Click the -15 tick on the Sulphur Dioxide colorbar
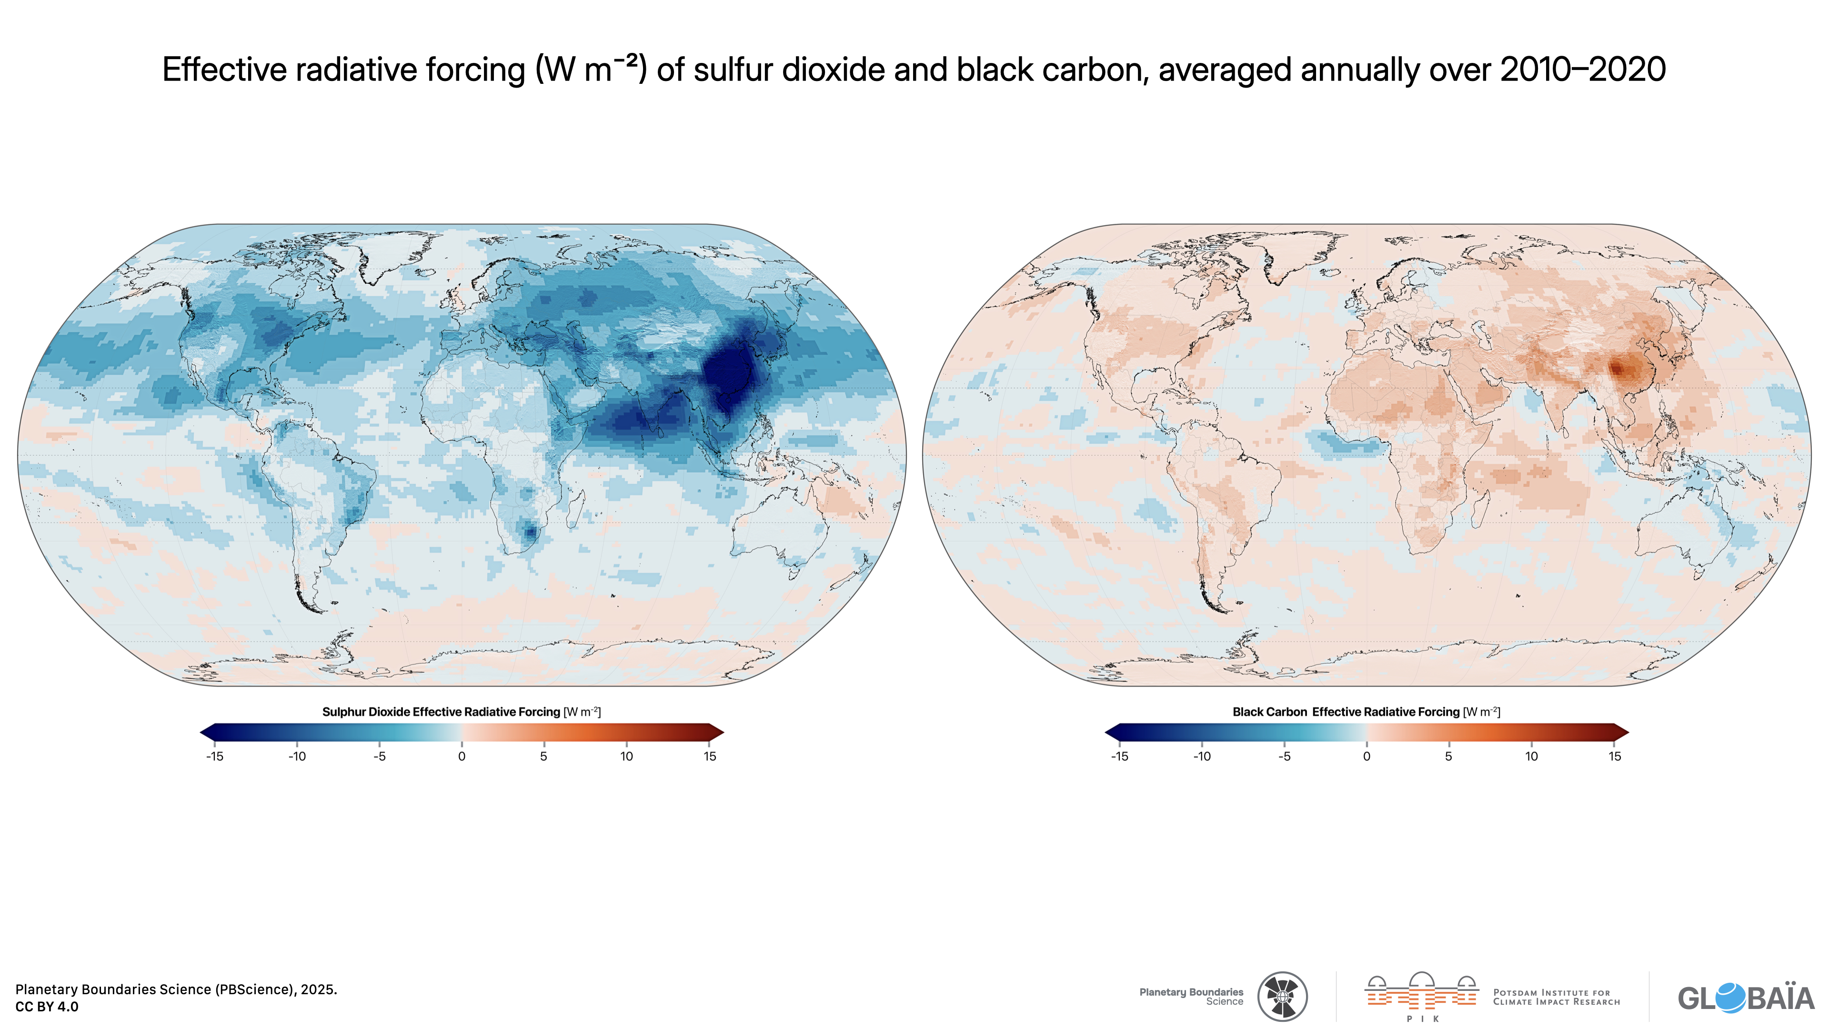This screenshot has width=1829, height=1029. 214,757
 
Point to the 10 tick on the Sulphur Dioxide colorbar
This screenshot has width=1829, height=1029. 626,757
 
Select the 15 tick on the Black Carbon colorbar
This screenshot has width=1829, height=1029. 1615,757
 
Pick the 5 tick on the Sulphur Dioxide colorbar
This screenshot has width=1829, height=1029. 544,757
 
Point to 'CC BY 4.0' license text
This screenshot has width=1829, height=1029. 47,1006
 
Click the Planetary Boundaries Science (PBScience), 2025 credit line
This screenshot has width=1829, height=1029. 176,989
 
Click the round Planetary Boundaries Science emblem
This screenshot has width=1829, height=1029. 1282,996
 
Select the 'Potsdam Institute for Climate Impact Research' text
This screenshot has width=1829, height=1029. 1557,997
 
